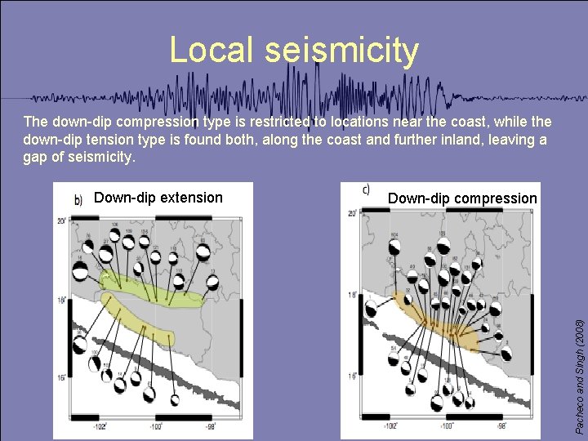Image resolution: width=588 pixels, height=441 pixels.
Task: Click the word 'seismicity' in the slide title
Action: [341, 51]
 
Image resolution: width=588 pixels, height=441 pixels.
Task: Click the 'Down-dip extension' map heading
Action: [158, 197]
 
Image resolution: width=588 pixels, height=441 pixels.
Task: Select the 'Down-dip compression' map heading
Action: [462, 198]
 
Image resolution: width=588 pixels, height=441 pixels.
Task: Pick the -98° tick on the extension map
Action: [211, 425]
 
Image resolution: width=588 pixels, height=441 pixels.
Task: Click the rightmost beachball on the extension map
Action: [212, 283]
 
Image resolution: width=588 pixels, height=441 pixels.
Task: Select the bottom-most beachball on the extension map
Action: [175, 400]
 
